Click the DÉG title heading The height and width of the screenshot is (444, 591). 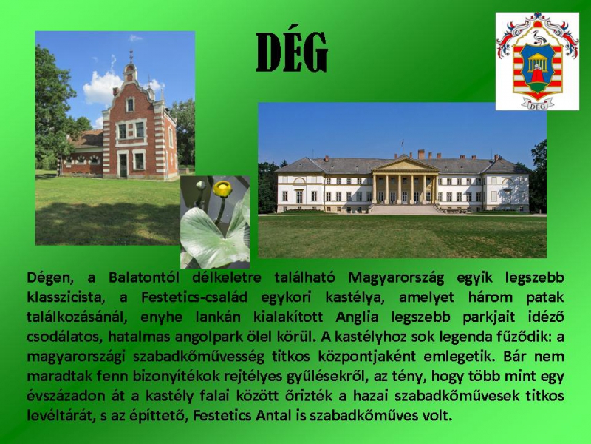point(291,52)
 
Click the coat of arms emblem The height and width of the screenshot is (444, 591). point(537,61)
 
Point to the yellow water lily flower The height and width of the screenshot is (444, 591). point(222,189)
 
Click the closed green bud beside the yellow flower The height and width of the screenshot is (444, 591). point(201,186)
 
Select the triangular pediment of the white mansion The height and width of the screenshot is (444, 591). point(405,164)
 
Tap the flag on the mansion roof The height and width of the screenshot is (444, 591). point(403,143)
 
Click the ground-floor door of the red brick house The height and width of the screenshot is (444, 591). point(123,165)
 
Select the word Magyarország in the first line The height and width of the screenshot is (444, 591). point(396,278)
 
